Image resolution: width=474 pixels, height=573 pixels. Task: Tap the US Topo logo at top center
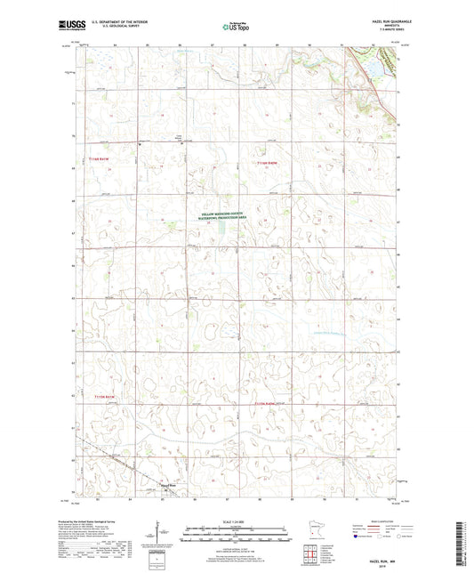point(235,28)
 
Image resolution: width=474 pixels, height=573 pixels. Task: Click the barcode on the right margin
point(464,534)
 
